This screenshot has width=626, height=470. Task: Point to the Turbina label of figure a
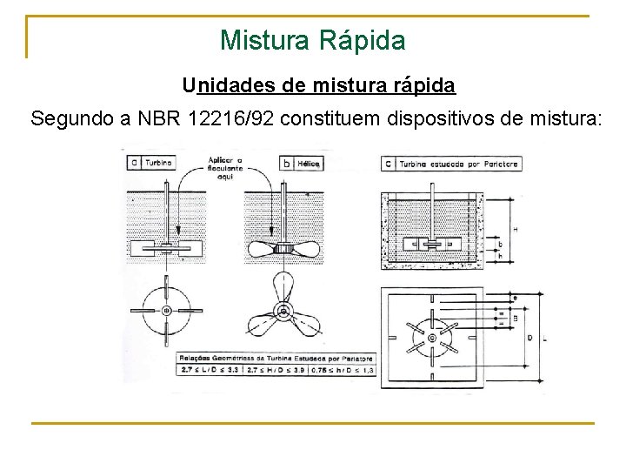point(158,162)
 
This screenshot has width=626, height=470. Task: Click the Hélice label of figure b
point(308,163)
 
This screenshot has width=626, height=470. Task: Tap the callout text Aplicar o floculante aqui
point(225,167)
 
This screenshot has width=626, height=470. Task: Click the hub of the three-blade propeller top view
point(283,311)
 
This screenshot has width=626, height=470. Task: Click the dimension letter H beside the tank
point(515,229)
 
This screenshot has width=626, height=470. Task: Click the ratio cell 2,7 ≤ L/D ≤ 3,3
point(210,371)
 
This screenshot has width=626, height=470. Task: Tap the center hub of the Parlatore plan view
point(432,336)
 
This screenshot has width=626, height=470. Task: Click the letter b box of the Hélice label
point(286,163)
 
